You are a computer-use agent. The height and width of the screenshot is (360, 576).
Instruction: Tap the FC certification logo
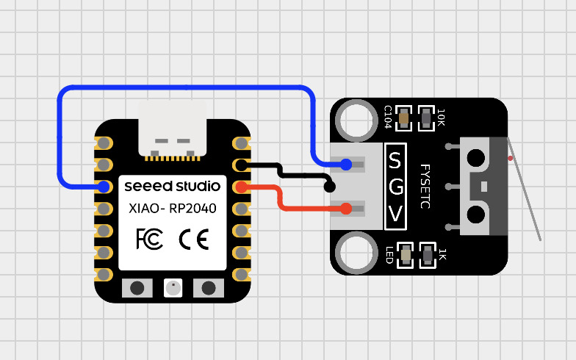point(150,239)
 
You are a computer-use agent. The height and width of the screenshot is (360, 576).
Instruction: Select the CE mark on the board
point(194,239)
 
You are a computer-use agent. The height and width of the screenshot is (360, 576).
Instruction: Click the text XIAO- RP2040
point(173,209)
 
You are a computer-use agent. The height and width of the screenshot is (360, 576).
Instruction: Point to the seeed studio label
point(173,186)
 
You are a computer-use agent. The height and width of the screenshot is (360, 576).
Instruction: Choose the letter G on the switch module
point(395,187)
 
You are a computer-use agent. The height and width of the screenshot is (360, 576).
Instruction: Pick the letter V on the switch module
point(395,214)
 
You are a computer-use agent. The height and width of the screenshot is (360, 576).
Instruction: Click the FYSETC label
point(424,187)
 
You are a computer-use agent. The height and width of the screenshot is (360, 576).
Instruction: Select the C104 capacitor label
point(388,116)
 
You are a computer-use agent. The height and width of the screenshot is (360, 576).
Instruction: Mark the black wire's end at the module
point(330,187)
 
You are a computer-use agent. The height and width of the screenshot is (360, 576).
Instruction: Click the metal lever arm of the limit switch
point(526,194)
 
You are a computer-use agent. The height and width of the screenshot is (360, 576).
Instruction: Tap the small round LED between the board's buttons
point(173,287)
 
